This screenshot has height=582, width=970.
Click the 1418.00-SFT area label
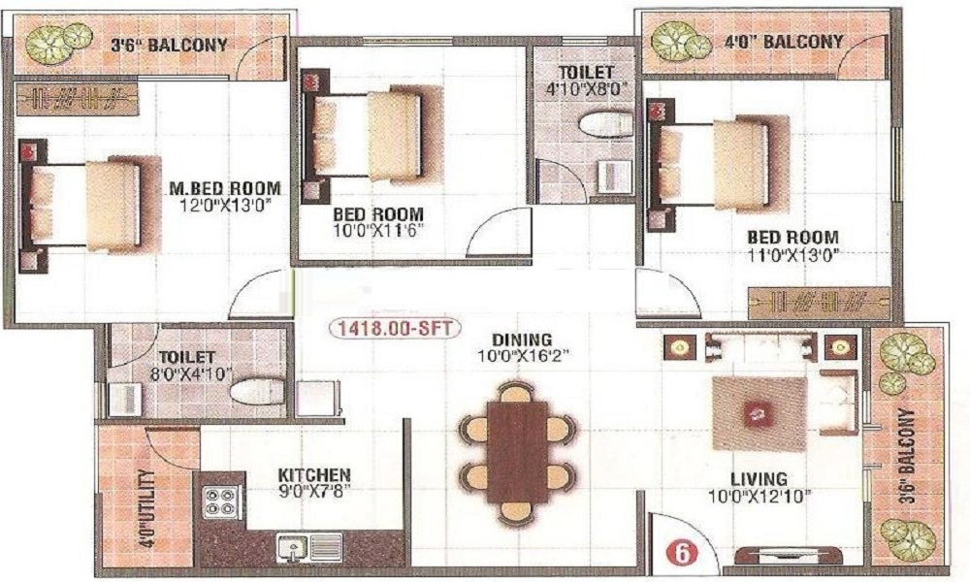[x=396, y=330]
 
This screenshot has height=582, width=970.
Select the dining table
[x=517, y=453]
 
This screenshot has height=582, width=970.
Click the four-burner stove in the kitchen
[x=221, y=501]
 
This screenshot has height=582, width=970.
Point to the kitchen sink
[x=309, y=547]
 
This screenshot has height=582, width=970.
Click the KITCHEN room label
[x=314, y=475]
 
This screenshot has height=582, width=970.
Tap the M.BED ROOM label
[x=225, y=187]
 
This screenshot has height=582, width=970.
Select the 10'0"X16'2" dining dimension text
[x=524, y=356]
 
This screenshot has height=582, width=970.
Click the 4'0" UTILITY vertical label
[x=145, y=509]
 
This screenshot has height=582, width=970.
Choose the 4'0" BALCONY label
[x=784, y=42]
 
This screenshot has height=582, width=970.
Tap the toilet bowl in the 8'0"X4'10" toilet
[x=257, y=391]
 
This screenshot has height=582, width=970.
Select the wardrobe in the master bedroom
[x=76, y=99]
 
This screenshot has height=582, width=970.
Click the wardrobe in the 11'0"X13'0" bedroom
[x=819, y=304]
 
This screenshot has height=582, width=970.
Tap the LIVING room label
[x=760, y=479]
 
